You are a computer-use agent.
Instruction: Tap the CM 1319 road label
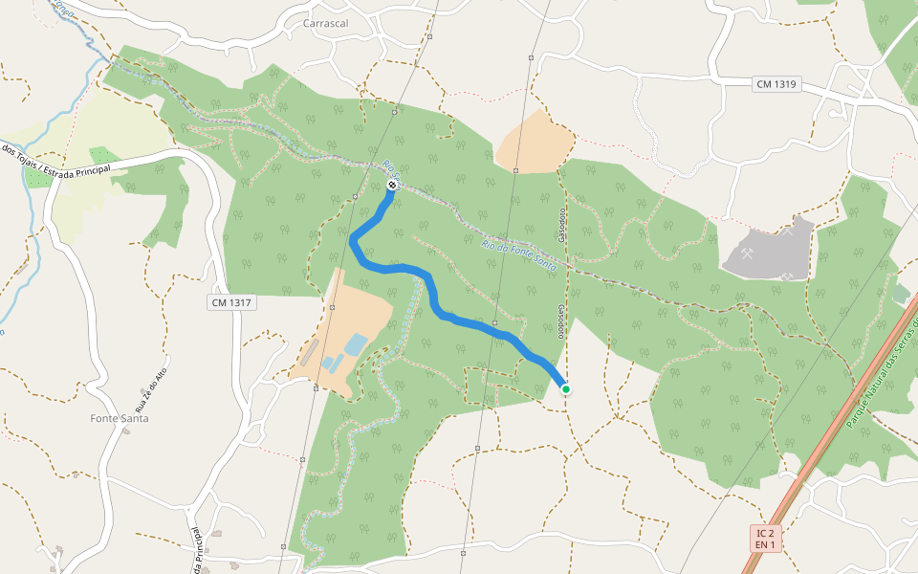(x=776, y=84)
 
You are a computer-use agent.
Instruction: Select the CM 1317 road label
(x=231, y=302)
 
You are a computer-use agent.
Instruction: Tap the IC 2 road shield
(x=764, y=532)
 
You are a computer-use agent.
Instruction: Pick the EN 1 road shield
(x=764, y=544)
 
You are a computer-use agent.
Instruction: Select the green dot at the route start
(x=566, y=388)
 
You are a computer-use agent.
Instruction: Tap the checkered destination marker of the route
(x=392, y=185)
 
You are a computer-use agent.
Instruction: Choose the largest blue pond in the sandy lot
(x=355, y=343)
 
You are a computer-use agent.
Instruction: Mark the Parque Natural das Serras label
(x=880, y=373)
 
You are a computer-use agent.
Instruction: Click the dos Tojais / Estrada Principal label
(x=55, y=166)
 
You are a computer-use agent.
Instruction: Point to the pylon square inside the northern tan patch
(x=515, y=169)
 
